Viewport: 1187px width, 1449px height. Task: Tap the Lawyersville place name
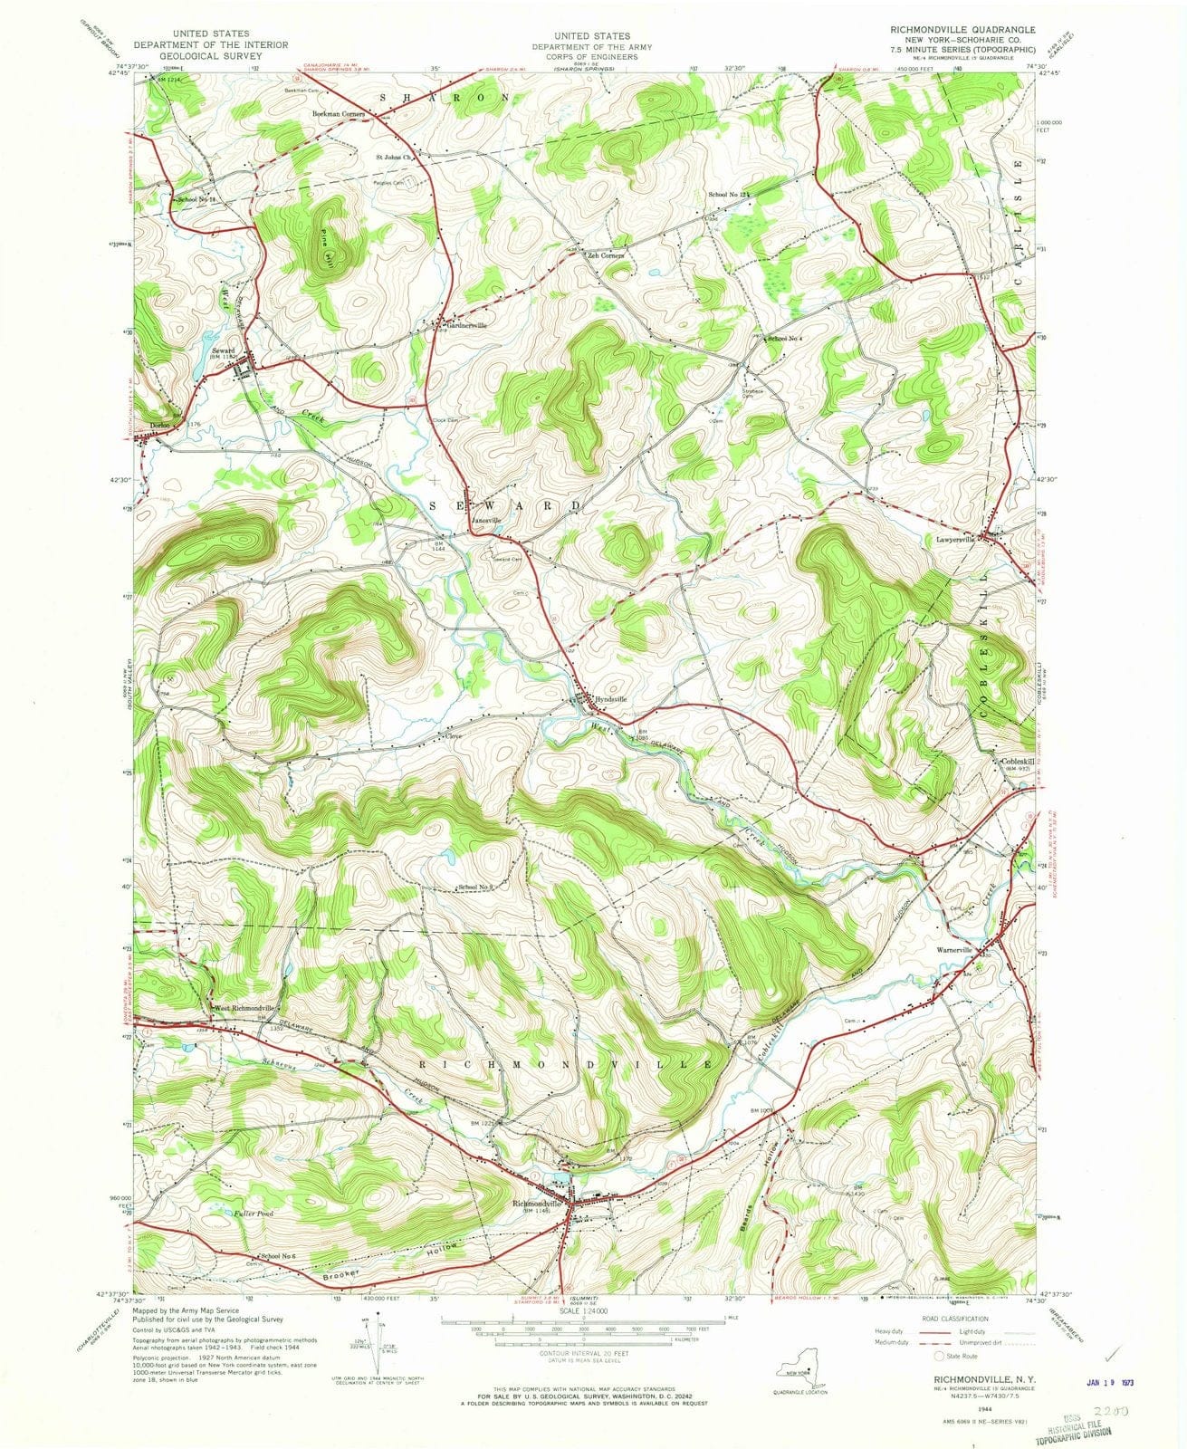click(962, 540)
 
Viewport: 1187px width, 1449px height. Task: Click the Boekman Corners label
click(338, 114)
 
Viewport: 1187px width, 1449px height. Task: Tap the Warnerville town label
click(952, 950)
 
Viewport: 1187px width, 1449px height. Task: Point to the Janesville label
click(486, 521)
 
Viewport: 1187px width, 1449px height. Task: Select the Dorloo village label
click(159, 424)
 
